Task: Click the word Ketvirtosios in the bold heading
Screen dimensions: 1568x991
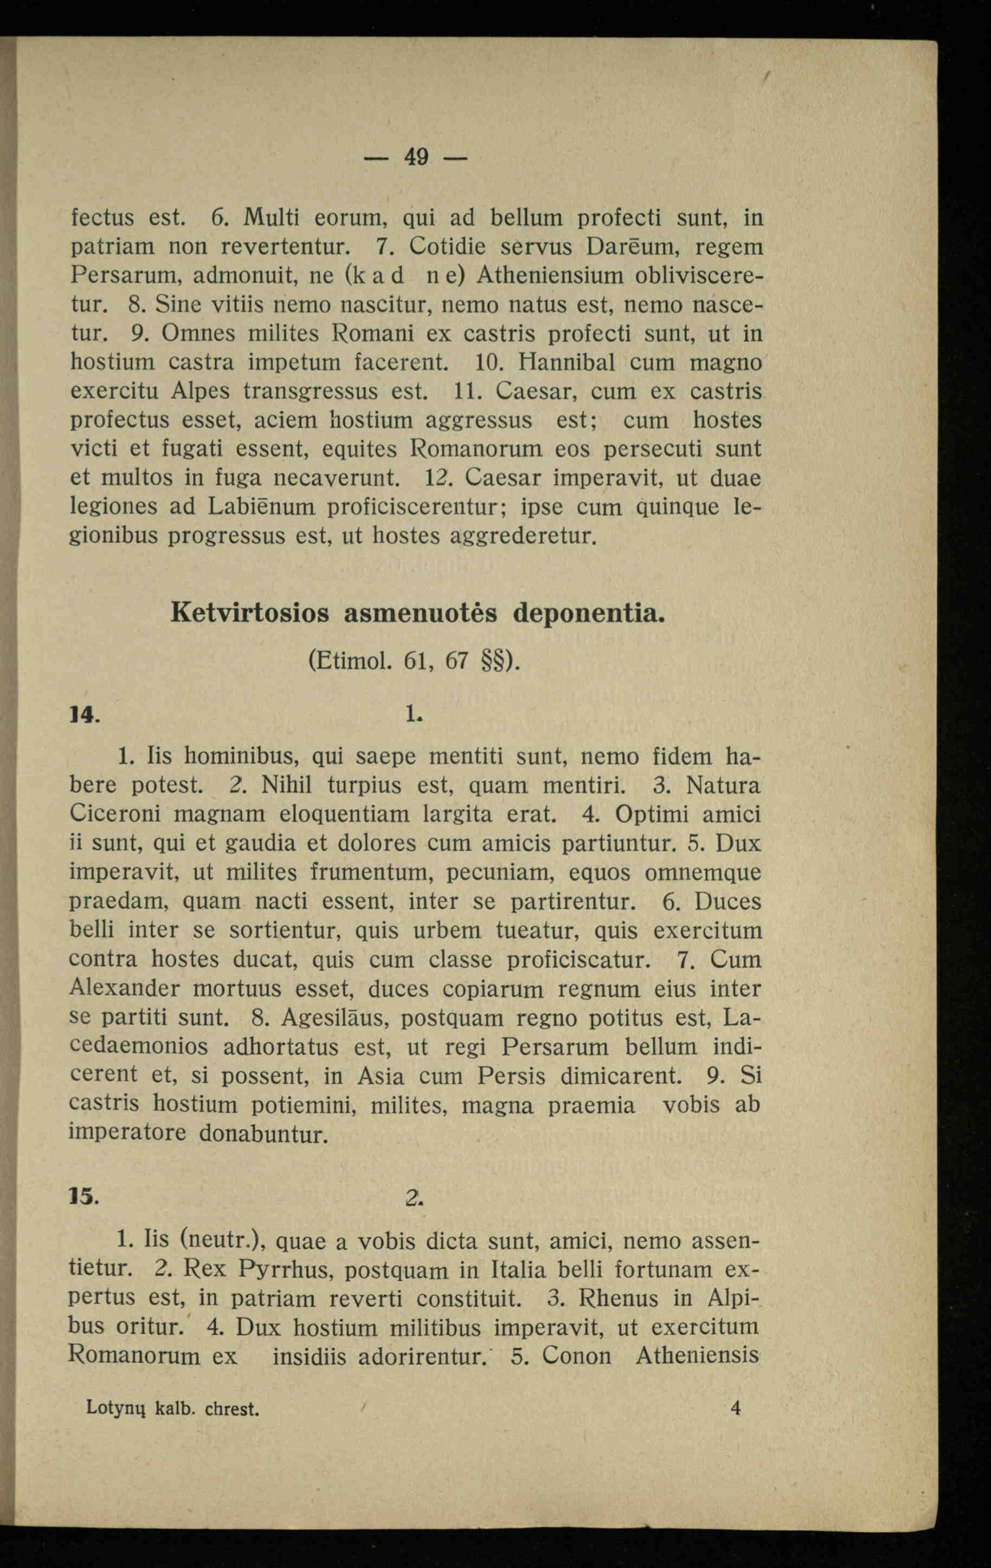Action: [249, 613]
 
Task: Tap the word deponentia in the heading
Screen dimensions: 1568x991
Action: [589, 613]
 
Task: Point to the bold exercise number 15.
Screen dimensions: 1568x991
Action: [84, 1196]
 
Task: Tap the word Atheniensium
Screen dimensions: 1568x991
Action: [550, 275]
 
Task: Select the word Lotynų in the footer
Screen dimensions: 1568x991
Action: [114, 1409]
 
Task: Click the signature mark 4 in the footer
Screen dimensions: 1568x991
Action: [736, 1409]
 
